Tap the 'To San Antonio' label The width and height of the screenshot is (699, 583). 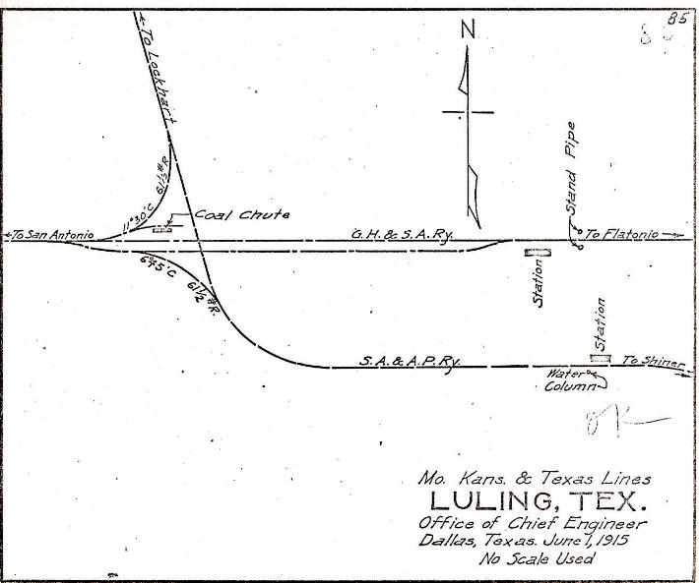(49, 234)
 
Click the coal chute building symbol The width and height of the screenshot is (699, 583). (162, 229)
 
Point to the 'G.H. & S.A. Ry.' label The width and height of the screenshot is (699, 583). (397, 234)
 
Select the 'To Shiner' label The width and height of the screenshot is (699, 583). (652, 362)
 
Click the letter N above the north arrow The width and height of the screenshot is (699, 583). (469, 31)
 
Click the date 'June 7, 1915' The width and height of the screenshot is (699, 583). (591, 541)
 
